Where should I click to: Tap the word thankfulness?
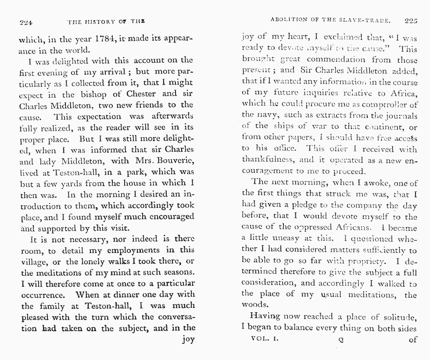click(x=266, y=160)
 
